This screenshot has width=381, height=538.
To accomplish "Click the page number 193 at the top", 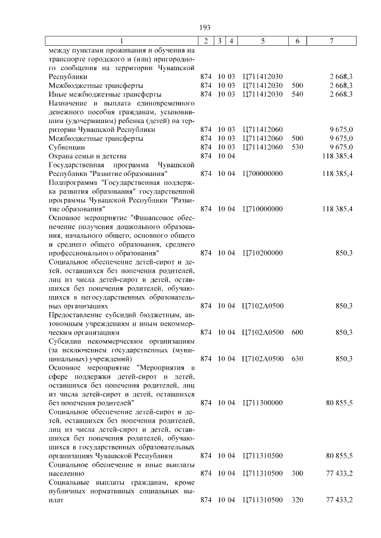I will [x=205, y=27].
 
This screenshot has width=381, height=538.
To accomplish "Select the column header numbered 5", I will [x=263, y=41].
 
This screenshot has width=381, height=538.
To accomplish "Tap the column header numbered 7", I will [x=332, y=41].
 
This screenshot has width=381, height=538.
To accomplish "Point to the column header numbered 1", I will [x=122, y=41].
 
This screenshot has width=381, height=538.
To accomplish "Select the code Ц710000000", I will [x=263, y=209].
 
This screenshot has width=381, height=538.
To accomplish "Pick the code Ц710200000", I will [x=263, y=253].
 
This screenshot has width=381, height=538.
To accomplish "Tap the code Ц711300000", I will [x=263, y=402].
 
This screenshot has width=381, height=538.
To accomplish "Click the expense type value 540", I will [x=298, y=94].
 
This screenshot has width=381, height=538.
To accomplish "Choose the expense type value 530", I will [x=298, y=147].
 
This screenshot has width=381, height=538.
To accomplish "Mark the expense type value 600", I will [x=298, y=332].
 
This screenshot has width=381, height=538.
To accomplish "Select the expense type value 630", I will [x=298, y=358].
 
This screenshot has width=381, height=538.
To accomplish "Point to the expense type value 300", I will [x=298, y=473].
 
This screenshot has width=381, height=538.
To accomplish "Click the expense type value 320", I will [x=298, y=499].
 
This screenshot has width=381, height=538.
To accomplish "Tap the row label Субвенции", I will [x=67, y=147].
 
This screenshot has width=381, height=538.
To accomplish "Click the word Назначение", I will [x=68, y=103].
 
